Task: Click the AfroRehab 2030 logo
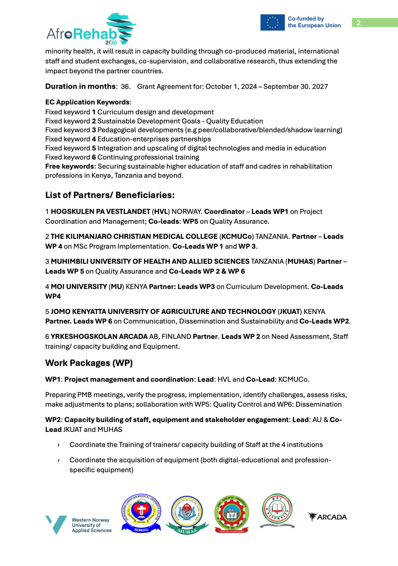[x=91, y=29]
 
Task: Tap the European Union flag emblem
[x=272, y=22]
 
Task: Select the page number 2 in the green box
[x=359, y=23]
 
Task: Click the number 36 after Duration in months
[x=125, y=87]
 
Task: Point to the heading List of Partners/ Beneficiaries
[x=110, y=195]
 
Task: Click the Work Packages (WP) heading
[x=89, y=363]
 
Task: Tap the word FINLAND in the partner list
[x=176, y=337]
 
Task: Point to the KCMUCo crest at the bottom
[x=141, y=513]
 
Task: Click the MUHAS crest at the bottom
[x=187, y=515]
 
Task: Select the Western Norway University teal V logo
[x=56, y=524]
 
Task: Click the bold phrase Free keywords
[x=70, y=166]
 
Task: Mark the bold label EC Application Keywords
[x=87, y=102]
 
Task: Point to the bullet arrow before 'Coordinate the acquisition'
[x=59, y=460]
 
